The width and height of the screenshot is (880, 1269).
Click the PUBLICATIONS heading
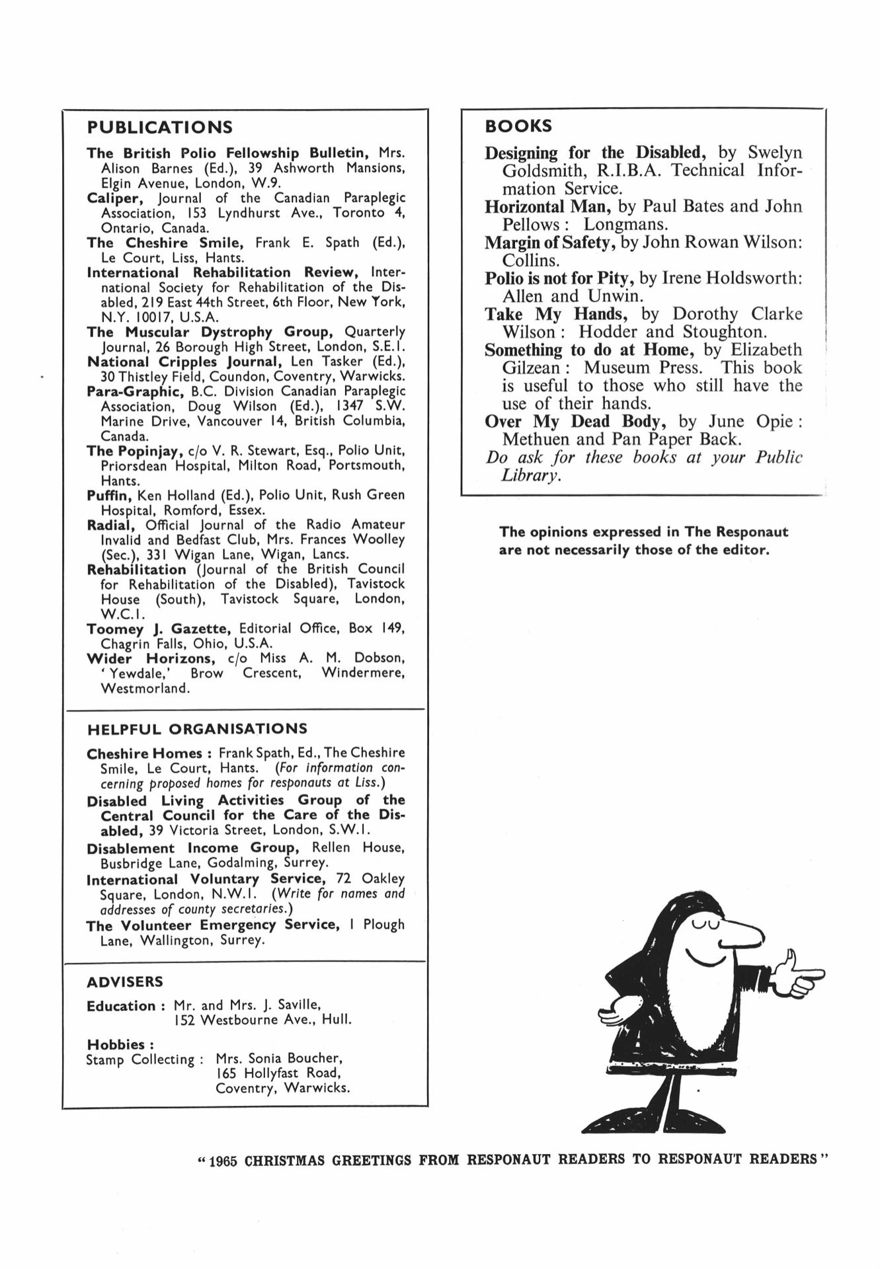click(160, 127)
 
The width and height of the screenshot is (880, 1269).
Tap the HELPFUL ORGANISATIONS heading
click(197, 729)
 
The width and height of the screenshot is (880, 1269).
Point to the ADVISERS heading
click(125, 982)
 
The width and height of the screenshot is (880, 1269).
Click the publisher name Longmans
click(625, 225)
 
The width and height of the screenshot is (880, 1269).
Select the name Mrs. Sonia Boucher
click(278, 1059)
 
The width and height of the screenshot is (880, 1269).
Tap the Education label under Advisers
click(121, 1007)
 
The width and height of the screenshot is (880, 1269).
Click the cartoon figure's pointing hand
click(797, 976)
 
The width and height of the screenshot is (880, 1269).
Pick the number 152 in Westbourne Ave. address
click(184, 1020)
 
